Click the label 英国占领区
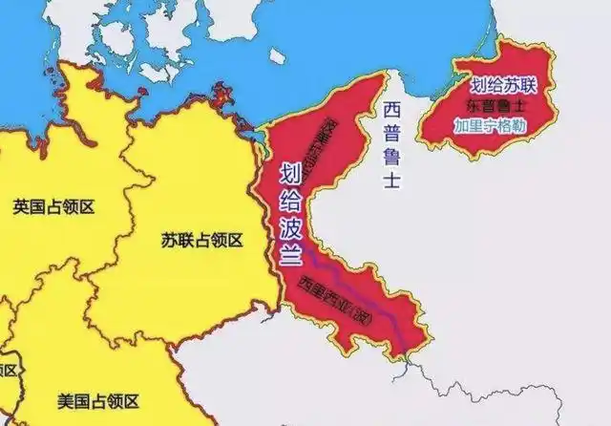tap(55, 206)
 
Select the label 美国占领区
tap(97, 400)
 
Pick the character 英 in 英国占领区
tap(21, 206)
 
